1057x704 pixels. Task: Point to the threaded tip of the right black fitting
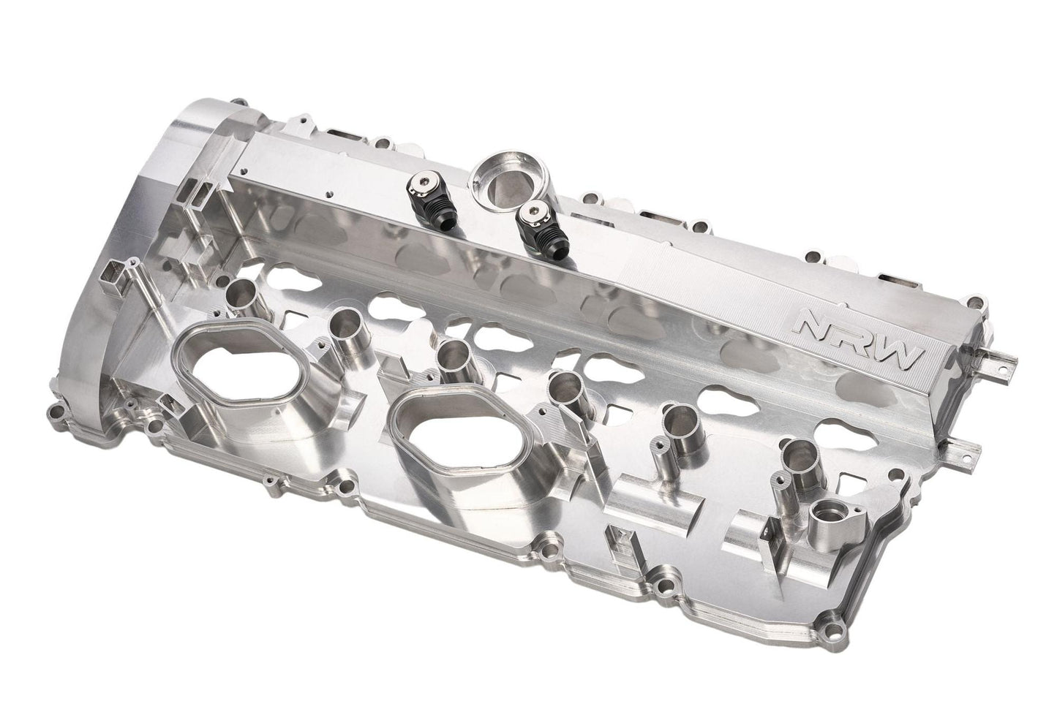(x=546, y=253)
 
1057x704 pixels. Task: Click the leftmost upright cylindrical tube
(x=240, y=294)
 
